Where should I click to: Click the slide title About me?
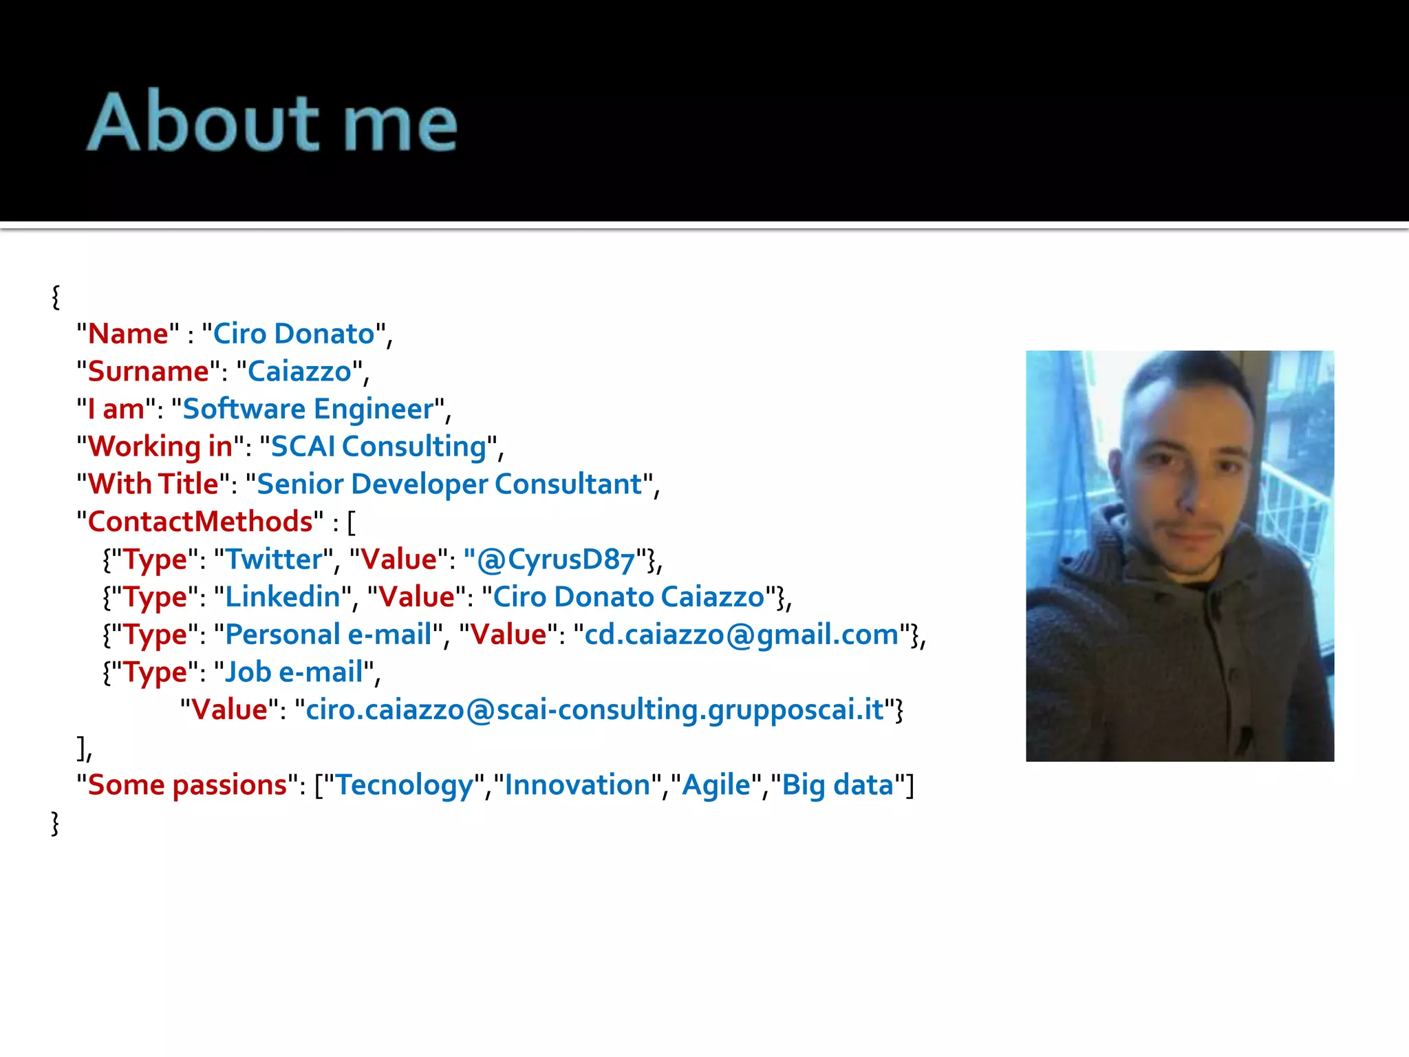coord(272,122)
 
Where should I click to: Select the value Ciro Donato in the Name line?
coord(294,334)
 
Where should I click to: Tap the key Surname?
coord(149,372)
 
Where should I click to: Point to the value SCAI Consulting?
coord(379,447)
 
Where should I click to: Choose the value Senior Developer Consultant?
coord(449,484)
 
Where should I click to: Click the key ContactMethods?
coord(200,522)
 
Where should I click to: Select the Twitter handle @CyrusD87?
coord(556,559)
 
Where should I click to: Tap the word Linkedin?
coord(283,597)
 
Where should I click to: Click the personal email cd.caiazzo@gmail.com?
coord(742,634)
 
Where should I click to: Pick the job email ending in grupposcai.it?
coord(594,709)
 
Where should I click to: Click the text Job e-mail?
coord(294,672)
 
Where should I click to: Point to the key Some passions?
coord(187,785)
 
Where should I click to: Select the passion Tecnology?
coord(405,785)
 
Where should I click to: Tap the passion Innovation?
coord(577,785)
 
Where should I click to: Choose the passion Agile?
coord(716,785)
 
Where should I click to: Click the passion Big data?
coord(837,785)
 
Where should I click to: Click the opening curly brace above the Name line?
coord(56,297)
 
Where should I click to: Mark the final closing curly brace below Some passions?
coord(56,823)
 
